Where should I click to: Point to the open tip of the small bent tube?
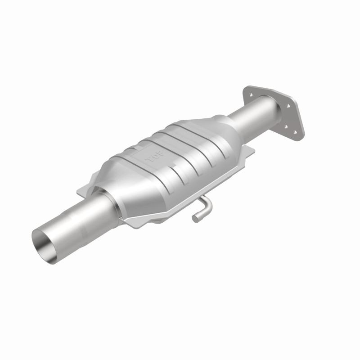click(x=196, y=219)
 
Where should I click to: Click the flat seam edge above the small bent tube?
click(x=189, y=198)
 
